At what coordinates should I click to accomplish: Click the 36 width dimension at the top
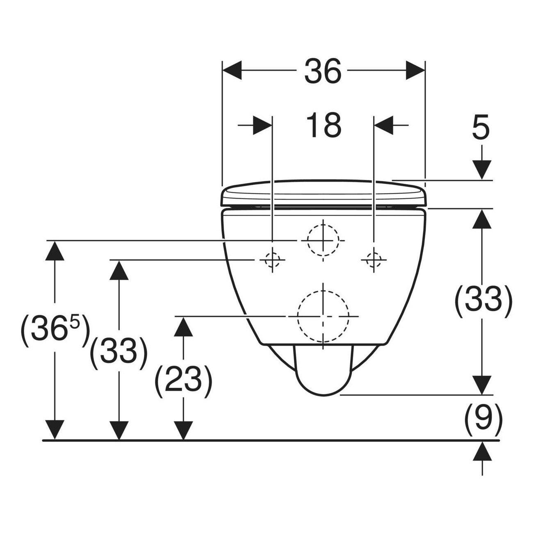click(x=323, y=71)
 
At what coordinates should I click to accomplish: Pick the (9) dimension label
click(x=483, y=423)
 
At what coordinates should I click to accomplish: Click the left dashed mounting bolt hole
click(x=272, y=260)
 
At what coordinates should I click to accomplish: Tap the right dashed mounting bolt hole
click(x=374, y=260)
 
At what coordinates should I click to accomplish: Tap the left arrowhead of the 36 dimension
click(x=232, y=70)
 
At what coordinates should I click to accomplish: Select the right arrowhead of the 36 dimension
click(x=415, y=70)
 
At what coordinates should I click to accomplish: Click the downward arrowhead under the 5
click(x=482, y=170)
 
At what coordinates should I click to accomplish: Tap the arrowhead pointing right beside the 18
click(x=262, y=125)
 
